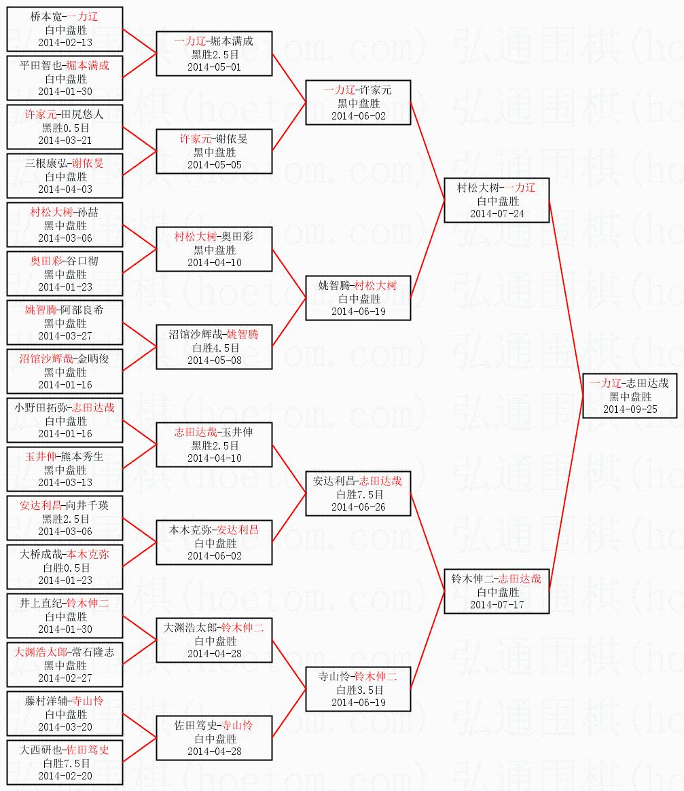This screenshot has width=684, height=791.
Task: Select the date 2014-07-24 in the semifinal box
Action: tap(497, 214)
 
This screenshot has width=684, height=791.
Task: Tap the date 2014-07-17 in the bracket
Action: tap(497, 605)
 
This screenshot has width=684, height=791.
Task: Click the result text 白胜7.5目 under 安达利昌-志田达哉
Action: tap(358, 494)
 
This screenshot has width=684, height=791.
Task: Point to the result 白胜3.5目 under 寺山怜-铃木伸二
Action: tap(358, 690)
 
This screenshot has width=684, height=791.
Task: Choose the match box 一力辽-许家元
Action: tap(358, 103)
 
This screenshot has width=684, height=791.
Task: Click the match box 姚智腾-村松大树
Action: tap(358, 298)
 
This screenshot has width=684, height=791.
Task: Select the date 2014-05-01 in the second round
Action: tap(214, 67)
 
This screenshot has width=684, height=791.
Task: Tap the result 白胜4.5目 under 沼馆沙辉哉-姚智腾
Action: tap(214, 348)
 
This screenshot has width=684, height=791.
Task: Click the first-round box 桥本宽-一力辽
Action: tap(65, 29)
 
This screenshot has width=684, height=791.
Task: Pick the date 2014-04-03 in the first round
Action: tap(65, 189)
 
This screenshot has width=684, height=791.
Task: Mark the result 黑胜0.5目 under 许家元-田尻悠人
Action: tap(65, 128)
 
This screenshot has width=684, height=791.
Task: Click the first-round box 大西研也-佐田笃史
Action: tap(65, 762)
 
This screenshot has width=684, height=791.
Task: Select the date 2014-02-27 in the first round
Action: tap(65, 678)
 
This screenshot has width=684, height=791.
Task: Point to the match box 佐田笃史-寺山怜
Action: tap(214, 738)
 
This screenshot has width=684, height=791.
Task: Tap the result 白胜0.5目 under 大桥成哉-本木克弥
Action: tap(65, 568)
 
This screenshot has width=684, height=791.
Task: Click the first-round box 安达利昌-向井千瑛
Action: tap(65, 518)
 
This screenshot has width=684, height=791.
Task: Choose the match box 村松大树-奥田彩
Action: tap(214, 249)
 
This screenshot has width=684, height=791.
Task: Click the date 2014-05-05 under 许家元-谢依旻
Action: tap(214, 165)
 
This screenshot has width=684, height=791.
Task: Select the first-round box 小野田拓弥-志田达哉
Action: tap(65, 420)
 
